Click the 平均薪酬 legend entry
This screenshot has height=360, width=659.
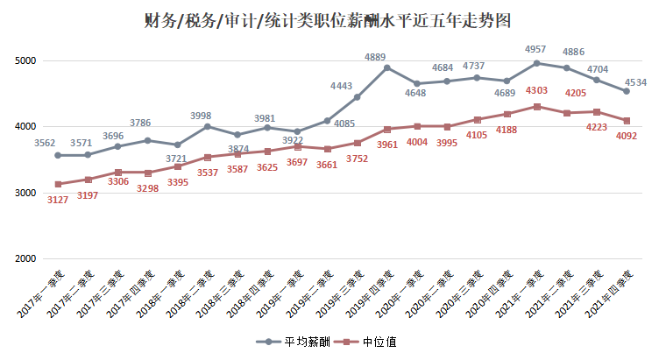[x=289, y=342]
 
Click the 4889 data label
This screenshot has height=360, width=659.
[x=386, y=57]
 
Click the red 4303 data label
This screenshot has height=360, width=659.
[x=536, y=91]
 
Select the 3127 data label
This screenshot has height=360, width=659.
[x=58, y=199]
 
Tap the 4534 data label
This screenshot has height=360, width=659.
[x=635, y=83]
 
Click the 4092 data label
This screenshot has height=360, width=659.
[x=626, y=136]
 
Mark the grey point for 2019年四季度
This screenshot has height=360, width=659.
[x=386, y=67]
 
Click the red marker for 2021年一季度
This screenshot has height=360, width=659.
[x=536, y=107]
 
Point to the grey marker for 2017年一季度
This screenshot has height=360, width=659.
[x=58, y=155]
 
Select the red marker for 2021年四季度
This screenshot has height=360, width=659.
[x=626, y=121]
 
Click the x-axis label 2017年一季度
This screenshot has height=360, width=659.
[x=40, y=293]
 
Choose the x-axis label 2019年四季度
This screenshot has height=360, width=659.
[x=369, y=293]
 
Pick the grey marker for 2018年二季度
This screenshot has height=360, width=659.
[x=207, y=126]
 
